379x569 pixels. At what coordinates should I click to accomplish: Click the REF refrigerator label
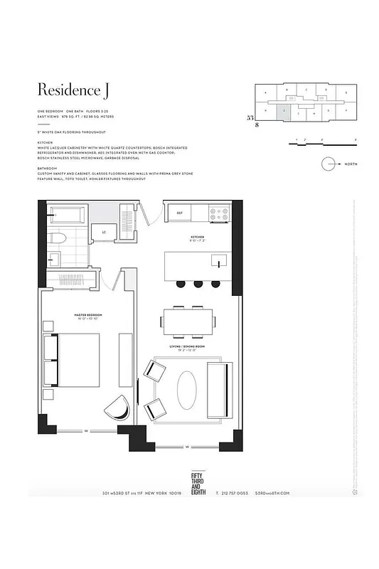pos(180,212)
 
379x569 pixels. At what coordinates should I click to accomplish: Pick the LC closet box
pos(105,232)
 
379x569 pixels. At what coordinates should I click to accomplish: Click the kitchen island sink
pos(219,261)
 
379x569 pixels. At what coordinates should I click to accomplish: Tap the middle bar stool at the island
pos(198,284)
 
